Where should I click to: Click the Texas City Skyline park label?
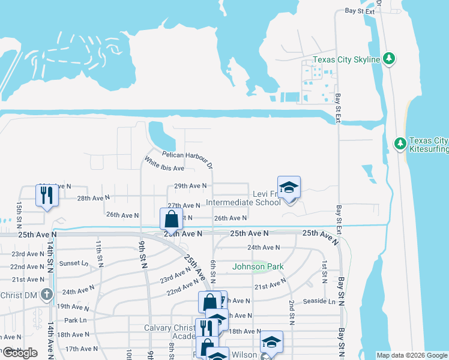pyautogui.click(x=346, y=59)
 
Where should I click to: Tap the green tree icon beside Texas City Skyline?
pyautogui.click(x=390, y=59)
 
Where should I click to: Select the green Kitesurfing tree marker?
pyautogui.click(x=400, y=143)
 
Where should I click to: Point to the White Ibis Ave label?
pyautogui.click(x=163, y=164)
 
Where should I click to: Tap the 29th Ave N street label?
pyautogui.click(x=190, y=186)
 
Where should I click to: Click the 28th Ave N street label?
pyautogui.click(x=93, y=197)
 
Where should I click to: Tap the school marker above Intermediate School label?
pyautogui.click(x=289, y=188)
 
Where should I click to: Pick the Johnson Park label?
pyautogui.click(x=258, y=266)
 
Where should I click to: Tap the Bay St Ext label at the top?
pyautogui.click(x=360, y=11)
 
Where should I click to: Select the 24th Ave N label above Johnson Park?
pyautogui.click(x=264, y=247)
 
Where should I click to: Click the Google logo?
pyautogui.click(x=19, y=353)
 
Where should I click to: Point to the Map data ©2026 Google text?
pyautogui.click(x=411, y=355)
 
